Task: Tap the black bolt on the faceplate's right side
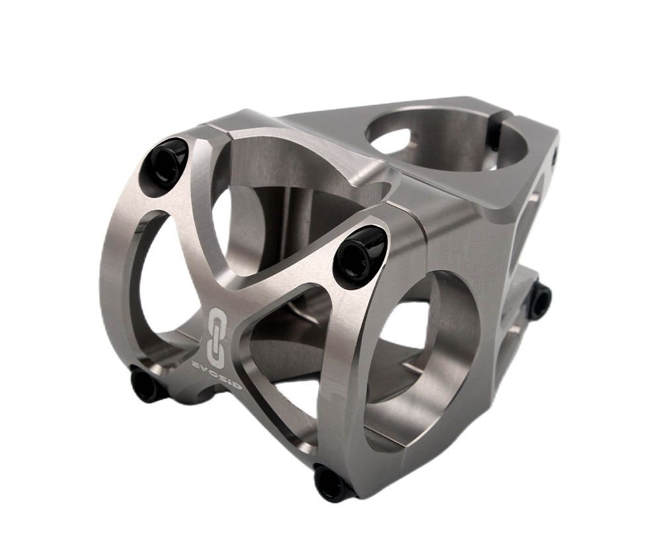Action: tap(359, 257)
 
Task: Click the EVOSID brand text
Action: tap(216, 374)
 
